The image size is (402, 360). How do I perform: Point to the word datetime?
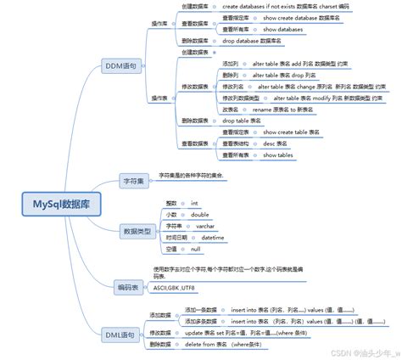click(x=213, y=239)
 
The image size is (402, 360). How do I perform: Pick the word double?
click(x=200, y=215)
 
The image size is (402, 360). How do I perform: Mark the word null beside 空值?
click(x=195, y=250)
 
